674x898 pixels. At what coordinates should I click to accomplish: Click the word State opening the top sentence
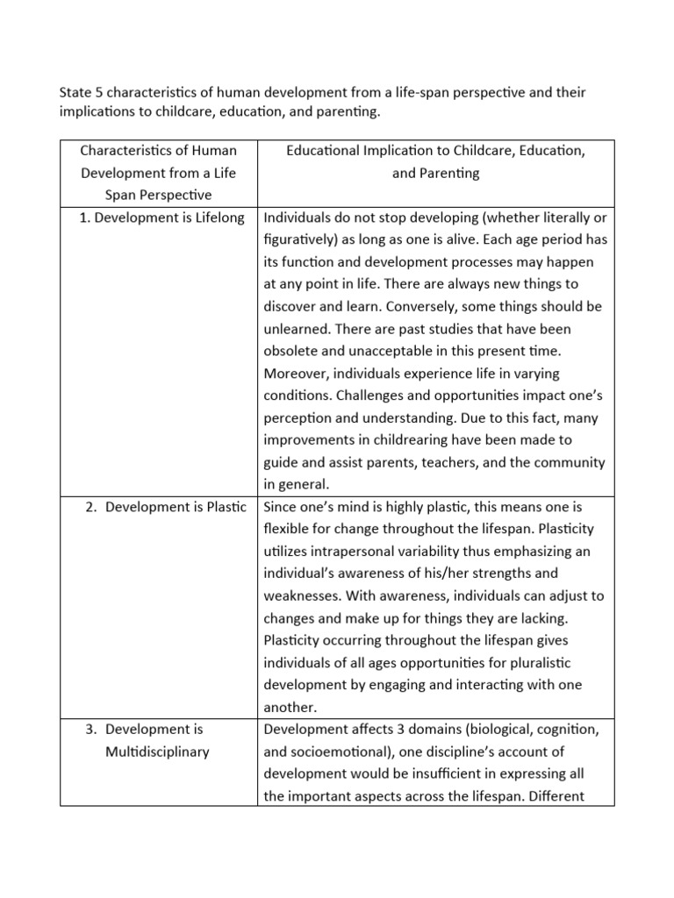pyautogui.click(x=75, y=92)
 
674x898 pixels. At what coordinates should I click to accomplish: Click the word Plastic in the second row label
pyautogui.click(x=225, y=507)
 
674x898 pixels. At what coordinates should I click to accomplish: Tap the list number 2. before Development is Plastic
pyautogui.click(x=92, y=507)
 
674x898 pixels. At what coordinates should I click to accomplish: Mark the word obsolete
pyautogui.click(x=294, y=351)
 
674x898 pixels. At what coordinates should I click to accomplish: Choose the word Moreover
pyautogui.click(x=297, y=374)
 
